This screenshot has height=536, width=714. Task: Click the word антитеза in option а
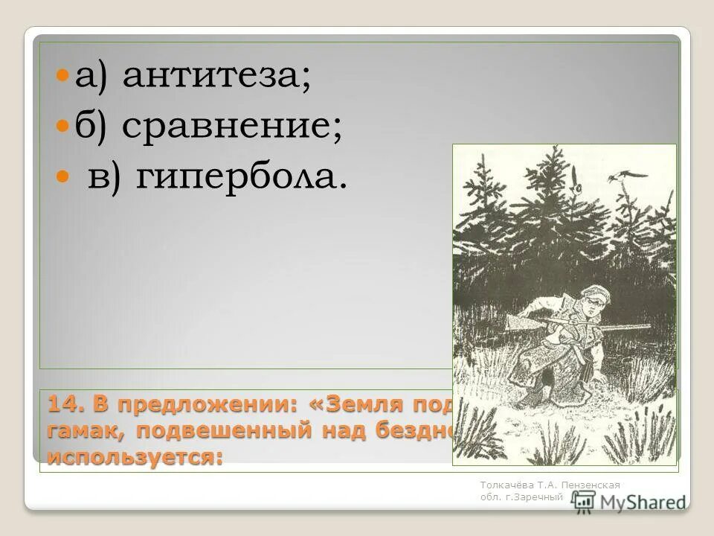(x=216, y=77)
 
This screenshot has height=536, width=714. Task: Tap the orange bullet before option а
(x=64, y=77)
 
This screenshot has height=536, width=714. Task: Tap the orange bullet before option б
(x=64, y=128)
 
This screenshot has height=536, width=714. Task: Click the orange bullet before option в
(x=64, y=179)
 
